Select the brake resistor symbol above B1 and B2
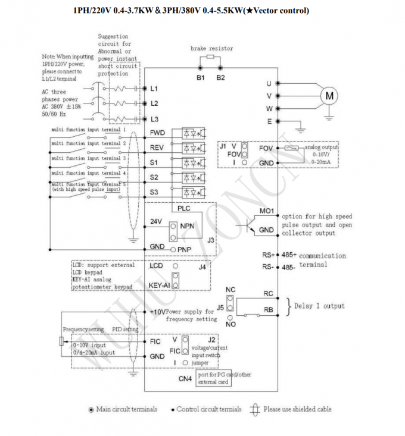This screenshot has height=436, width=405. tap(209, 57)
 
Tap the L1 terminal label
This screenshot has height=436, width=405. tap(154, 89)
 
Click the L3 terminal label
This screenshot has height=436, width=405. tap(154, 119)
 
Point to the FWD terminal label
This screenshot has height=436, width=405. tap(157, 133)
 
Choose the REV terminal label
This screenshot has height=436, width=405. tap(157, 148)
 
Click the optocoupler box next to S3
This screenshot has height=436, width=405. tap(191, 192)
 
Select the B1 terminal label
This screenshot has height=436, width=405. tap(200, 77)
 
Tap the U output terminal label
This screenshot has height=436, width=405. tap(269, 83)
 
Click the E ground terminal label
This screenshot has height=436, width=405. tap(269, 121)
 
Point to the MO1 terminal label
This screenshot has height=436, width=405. tap(266, 211)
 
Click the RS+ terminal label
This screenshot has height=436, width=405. tap(268, 255)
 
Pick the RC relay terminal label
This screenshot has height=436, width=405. tap(268, 293)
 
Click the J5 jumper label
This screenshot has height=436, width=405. tap(220, 308)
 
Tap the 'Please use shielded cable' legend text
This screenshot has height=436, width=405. tap(297, 409)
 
